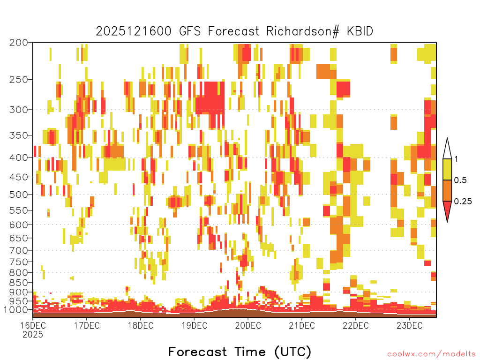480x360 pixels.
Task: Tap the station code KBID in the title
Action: (360, 31)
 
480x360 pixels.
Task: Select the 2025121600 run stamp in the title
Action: (134, 31)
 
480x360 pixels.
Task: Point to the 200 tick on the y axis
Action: (18, 43)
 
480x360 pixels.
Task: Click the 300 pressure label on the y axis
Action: (18, 110)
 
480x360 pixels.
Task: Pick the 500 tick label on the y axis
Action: (18, 195)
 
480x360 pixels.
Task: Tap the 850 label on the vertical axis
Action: (18, 283)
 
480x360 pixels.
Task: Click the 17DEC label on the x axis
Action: (87, 325)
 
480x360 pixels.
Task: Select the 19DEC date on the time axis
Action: (194, 325)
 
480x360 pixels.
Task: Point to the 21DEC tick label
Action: (302, 325)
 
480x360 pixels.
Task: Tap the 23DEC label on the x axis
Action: (409, 325)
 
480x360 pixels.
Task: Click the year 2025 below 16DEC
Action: (33, 334)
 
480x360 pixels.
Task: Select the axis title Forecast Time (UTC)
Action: (240, 352)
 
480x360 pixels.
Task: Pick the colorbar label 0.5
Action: (460, 180)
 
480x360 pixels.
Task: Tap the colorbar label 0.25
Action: (463, 202)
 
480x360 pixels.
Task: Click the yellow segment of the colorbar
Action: (447, 169)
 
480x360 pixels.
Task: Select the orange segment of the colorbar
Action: (447, 190)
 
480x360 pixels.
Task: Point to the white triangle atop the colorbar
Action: (447, 150)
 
